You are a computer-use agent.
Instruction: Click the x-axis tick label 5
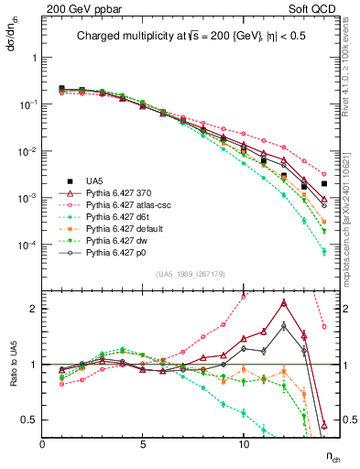pos(143,444)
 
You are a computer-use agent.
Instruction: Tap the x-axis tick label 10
pos(244,444)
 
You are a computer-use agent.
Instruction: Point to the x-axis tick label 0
pos(43,444)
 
